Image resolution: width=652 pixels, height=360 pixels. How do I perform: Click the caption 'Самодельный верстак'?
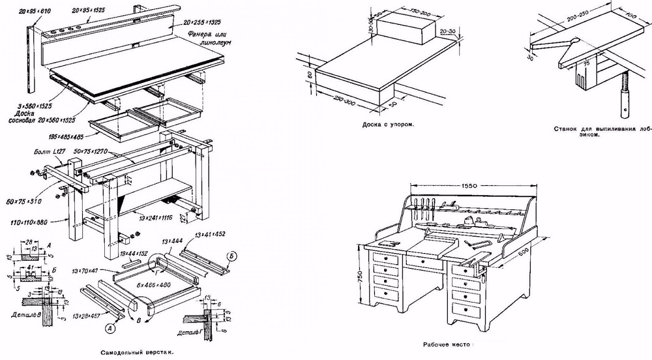pyautogui.click(x=137, y=352)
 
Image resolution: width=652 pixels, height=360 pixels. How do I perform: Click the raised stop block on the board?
pyautogui.click(x=406, y=29)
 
